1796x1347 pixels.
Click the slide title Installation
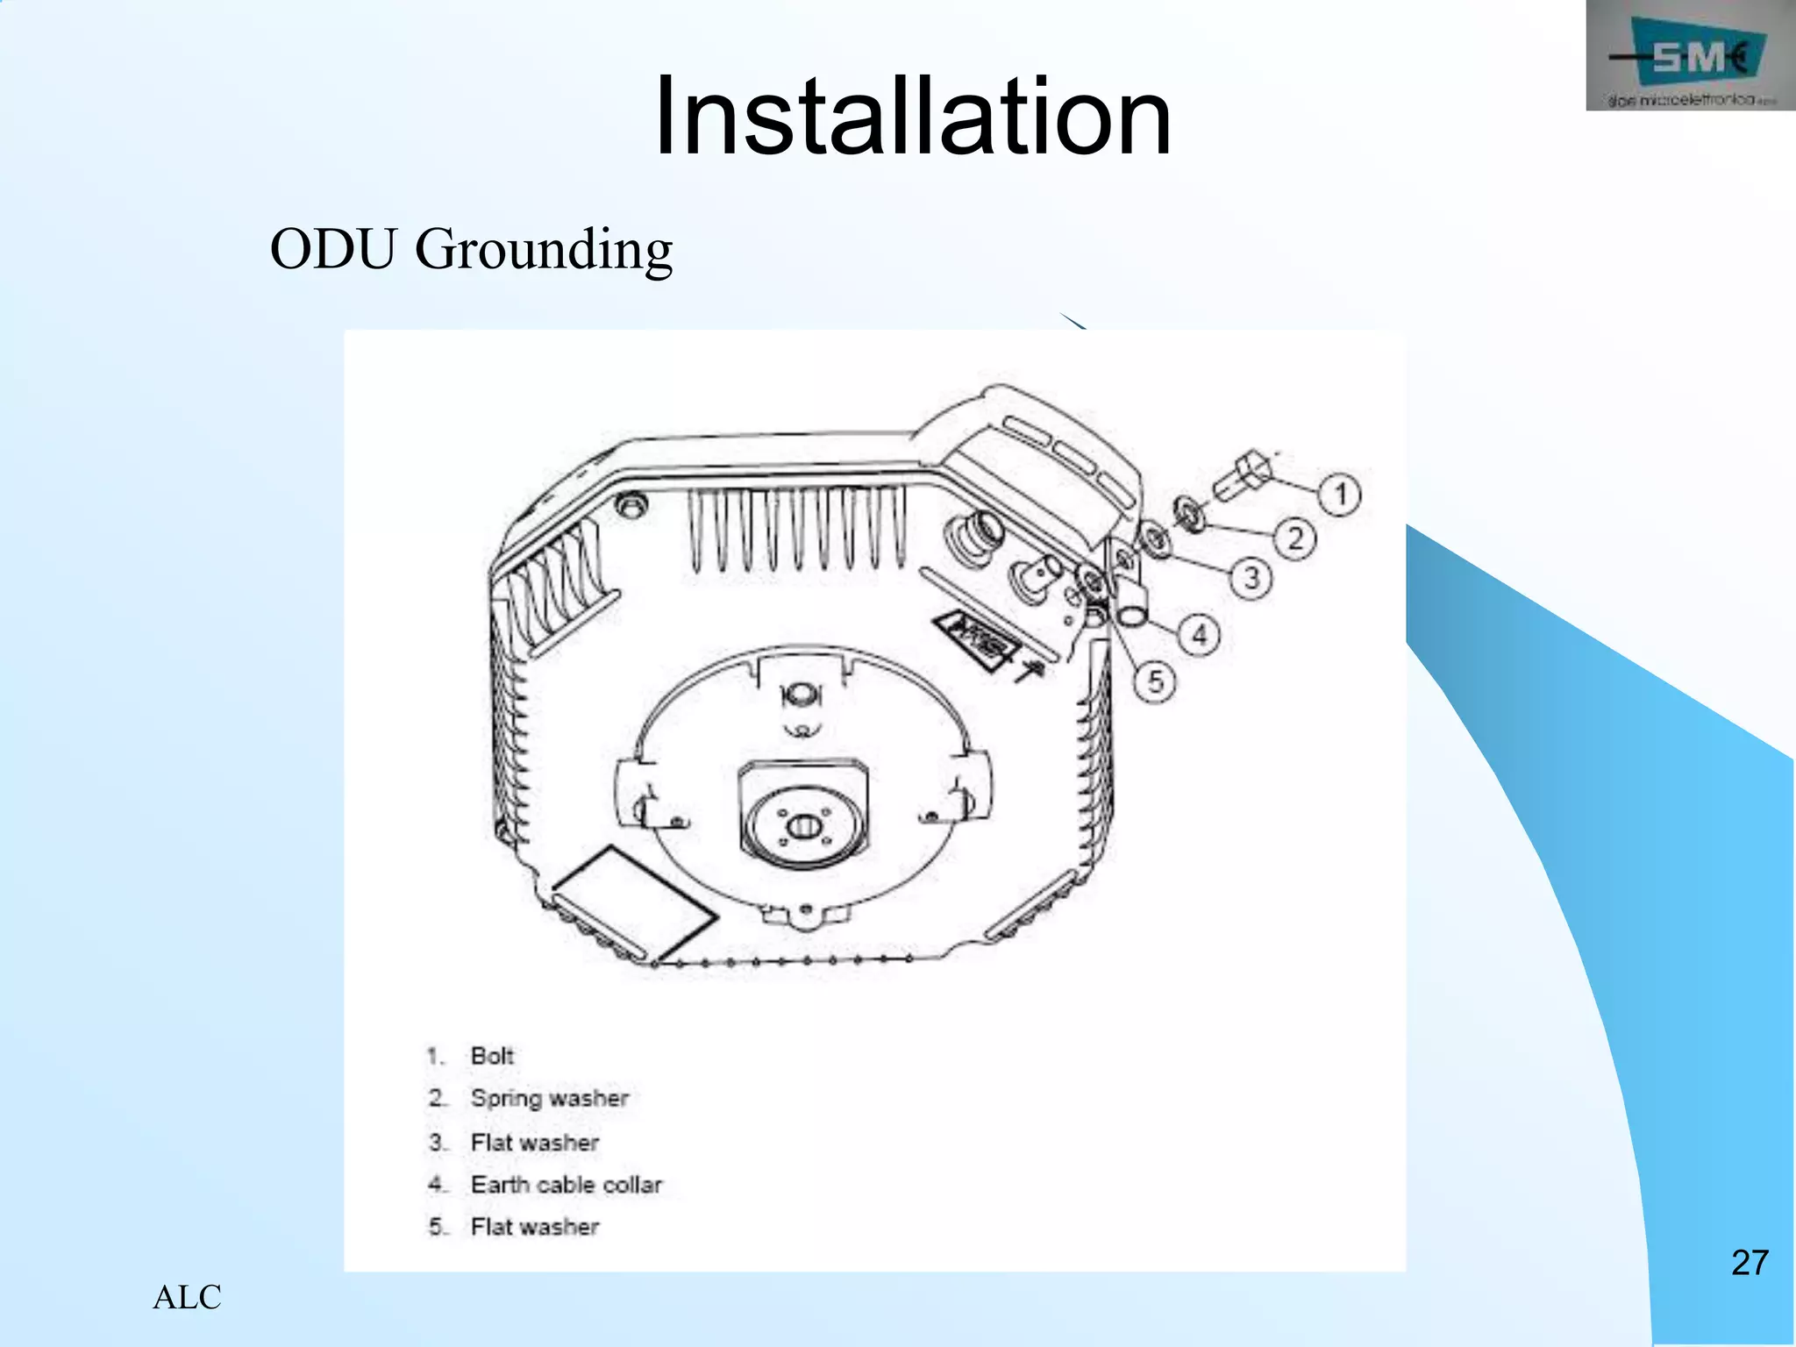click(912, 117)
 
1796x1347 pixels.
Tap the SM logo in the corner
click(1689, 58)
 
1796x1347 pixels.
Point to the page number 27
click(1749, 1263)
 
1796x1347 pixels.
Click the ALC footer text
click(187, 1297)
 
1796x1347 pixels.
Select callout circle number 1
click(1339, 495)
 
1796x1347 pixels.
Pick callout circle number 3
click(1251, 578)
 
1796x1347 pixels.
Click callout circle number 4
click(1199, 634)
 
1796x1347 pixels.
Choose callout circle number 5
click(1155, 681)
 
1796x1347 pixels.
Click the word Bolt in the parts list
click(492, 1056)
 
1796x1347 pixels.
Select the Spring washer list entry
click(549, 1098)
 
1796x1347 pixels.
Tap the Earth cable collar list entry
click(566, 1185)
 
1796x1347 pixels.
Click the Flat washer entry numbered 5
click(534, 1227)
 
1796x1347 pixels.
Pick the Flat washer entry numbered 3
click(534, 1143)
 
